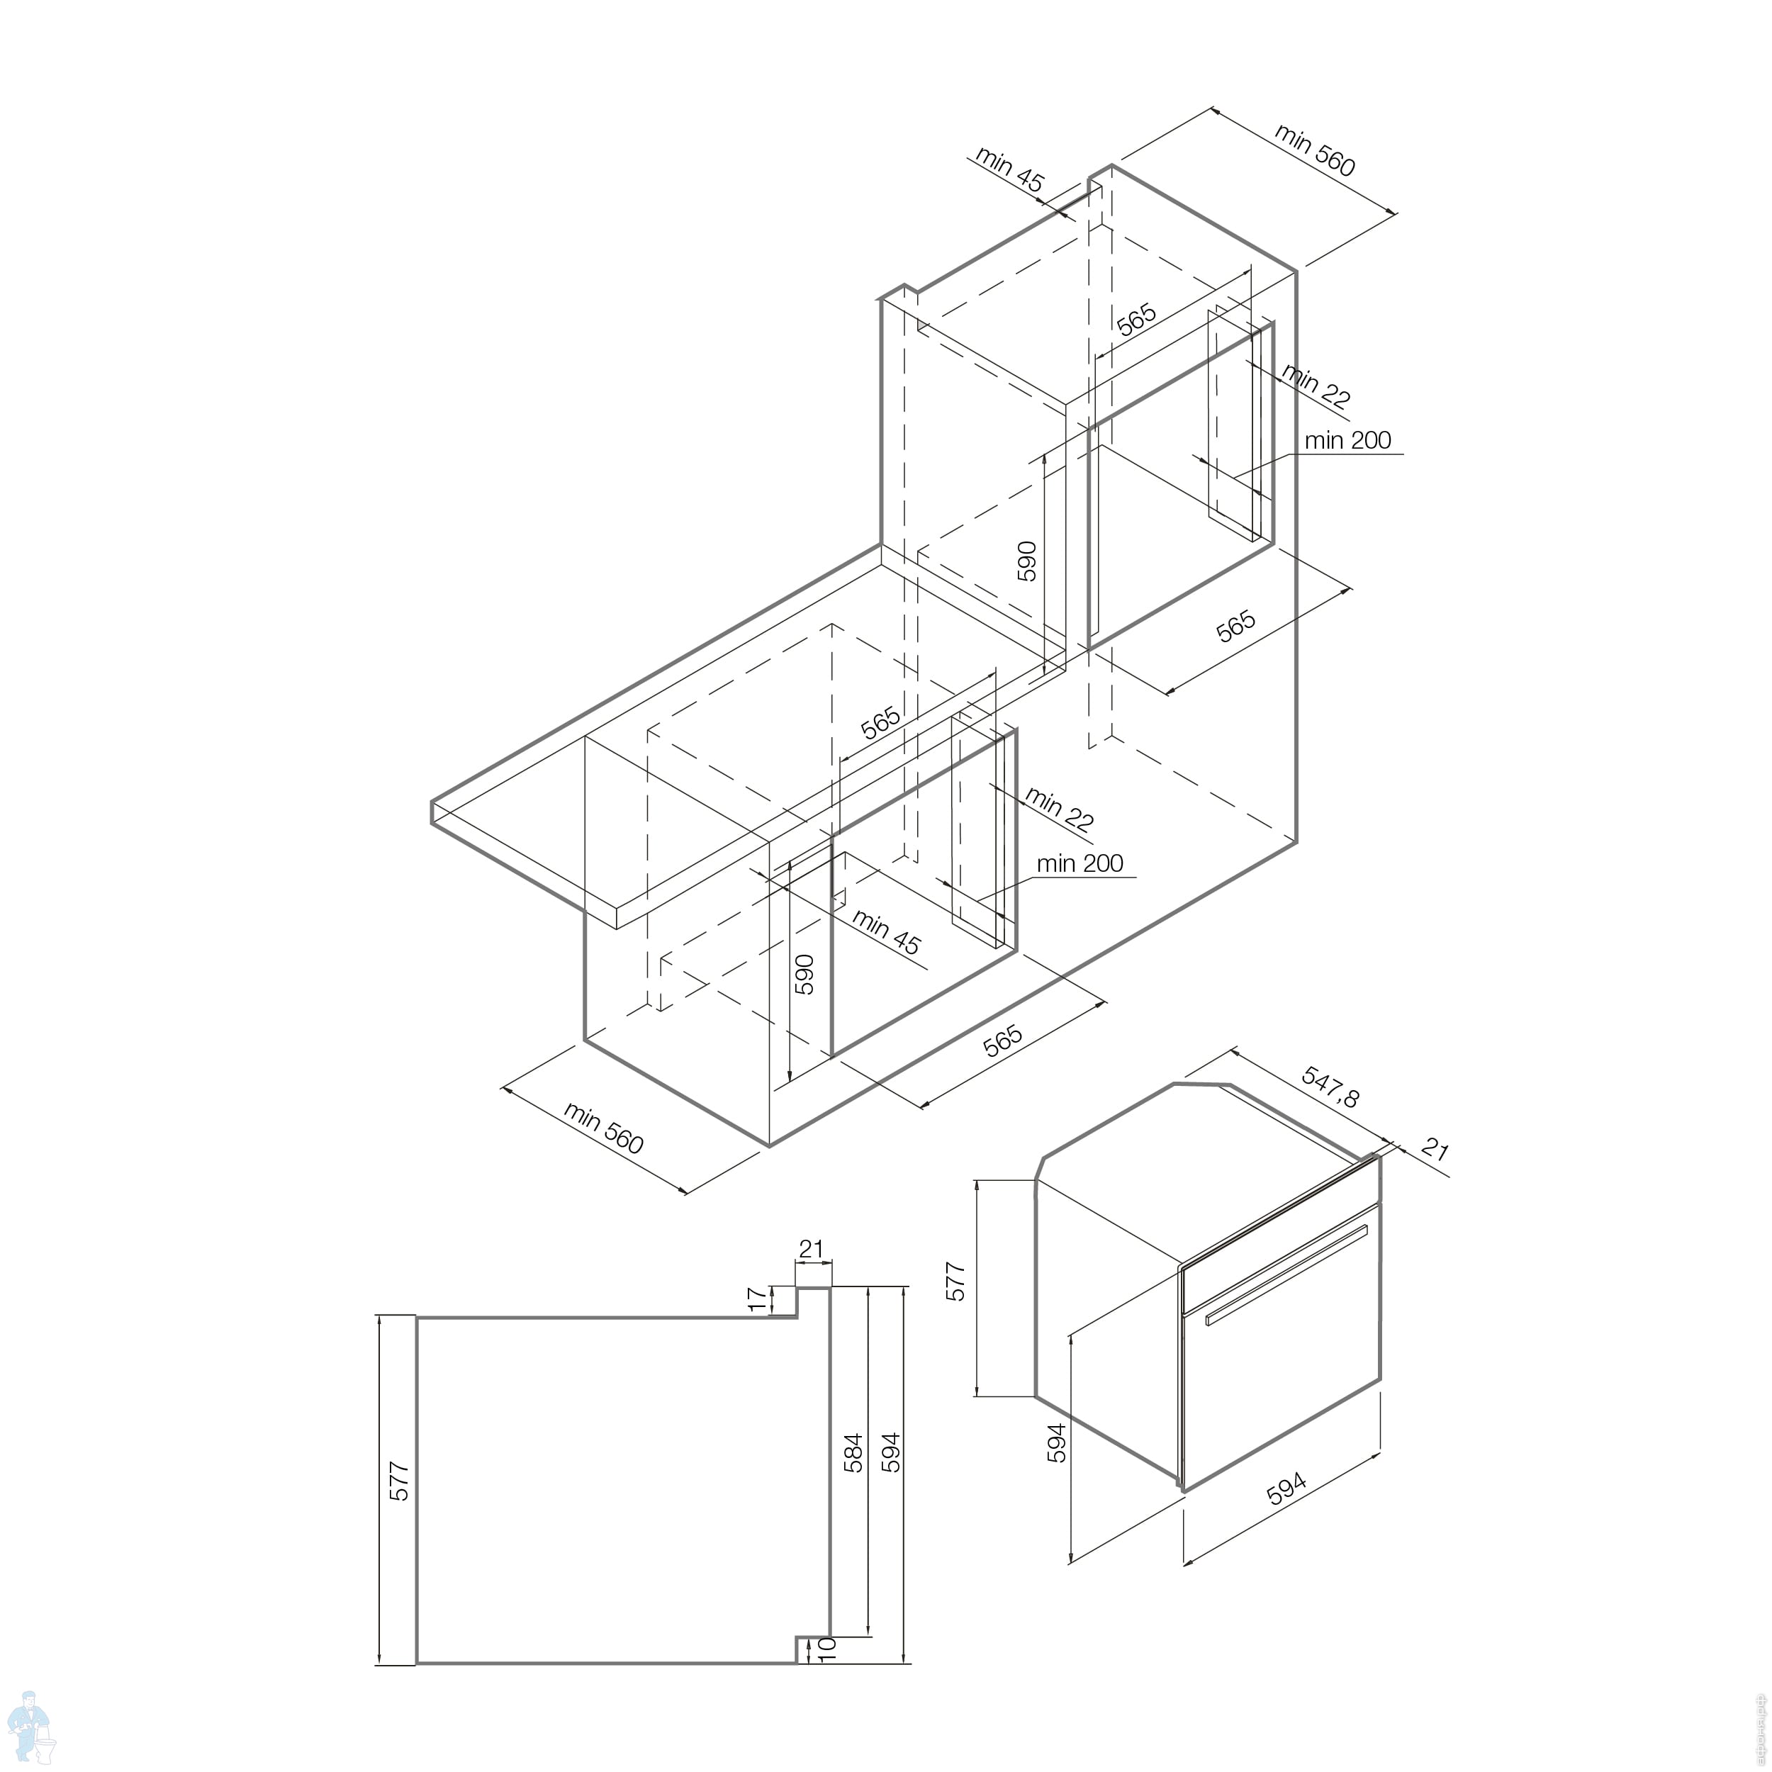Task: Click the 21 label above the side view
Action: (812, 1248)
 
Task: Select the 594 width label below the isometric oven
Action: (1286, 1488)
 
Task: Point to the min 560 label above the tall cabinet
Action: (1314, 149)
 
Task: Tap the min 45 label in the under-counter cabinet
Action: (886, 932)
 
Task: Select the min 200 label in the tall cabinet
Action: (1347, 440)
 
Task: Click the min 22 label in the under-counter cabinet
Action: (1060, 809)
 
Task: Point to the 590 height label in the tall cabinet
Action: (1026, 561)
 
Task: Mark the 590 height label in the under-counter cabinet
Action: (804, 974)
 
